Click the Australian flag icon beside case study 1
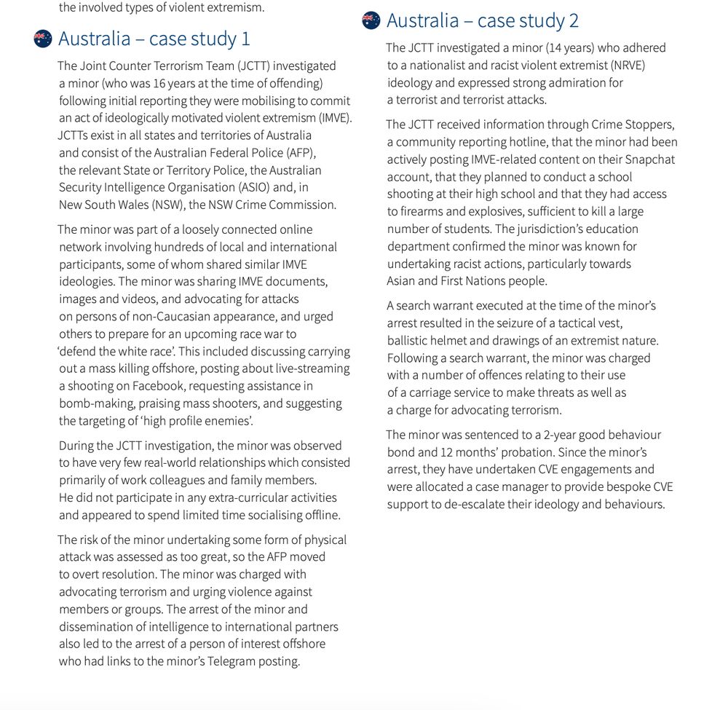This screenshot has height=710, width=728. pos(43,39)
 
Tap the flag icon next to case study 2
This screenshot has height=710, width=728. pos(371,21)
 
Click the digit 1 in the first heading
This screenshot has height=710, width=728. pos(245,39)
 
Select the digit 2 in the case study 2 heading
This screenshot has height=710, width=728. pos(574,21)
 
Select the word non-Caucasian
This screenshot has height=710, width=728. pos(141,317)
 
